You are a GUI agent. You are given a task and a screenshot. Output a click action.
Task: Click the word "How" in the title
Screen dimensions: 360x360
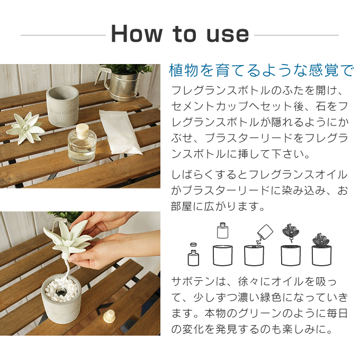(x=137, y=34)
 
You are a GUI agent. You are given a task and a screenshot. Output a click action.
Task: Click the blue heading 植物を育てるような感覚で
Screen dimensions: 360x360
(x=262, y=70)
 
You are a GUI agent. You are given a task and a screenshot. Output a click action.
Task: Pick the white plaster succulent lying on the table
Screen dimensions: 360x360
(x=25, y=128)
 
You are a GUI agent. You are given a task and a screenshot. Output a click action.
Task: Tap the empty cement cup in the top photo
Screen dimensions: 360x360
(x=62, y=105)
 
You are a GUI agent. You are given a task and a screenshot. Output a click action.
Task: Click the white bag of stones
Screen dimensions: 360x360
(x=120, y=131)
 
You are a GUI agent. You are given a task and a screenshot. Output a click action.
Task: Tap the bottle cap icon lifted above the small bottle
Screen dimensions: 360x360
(x=193, y=245)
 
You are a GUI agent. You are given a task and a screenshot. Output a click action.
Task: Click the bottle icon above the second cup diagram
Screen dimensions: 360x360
(x=222, y=230)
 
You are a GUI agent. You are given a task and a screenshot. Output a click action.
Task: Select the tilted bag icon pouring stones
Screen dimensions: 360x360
(x=265, y=232)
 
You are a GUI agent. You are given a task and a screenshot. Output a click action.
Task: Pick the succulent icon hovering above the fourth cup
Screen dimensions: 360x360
(x=291, y=232)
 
